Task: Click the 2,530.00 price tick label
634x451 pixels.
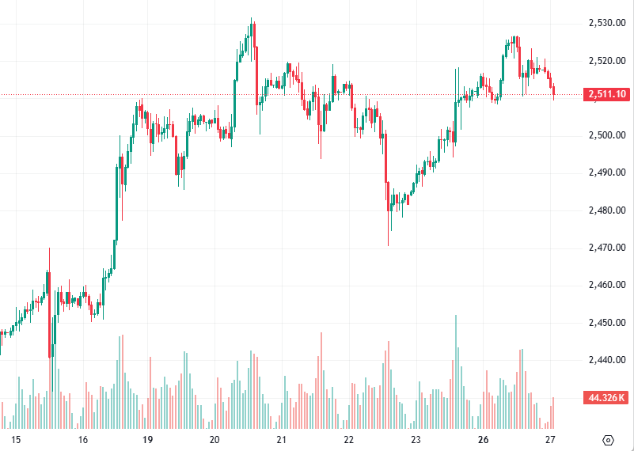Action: [608, 23]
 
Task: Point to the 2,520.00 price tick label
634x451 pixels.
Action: [608, 60]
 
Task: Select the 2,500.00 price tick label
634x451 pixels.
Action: [608, 135]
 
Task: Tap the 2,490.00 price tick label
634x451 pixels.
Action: [608, 172]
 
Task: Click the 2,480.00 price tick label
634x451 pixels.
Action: [608, 210]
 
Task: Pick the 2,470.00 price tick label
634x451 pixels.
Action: [608, 248]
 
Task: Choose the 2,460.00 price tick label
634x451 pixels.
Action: [608, 285]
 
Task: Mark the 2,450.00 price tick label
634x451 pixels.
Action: [608, 323]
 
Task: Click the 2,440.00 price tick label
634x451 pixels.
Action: [608, 360]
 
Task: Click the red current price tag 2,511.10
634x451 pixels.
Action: [607, 95]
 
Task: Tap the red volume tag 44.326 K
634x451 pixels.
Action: [607, 397]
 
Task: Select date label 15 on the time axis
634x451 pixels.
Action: [16, 440]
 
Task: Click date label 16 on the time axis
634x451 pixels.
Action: [82, 440]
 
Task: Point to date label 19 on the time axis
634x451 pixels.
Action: [147, 440]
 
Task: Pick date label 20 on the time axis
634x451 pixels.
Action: [214, 440]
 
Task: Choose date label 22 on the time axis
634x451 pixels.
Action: [348, 440]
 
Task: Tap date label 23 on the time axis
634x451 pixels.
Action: [416, 440]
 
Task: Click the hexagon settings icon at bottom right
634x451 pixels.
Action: [608, 440]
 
